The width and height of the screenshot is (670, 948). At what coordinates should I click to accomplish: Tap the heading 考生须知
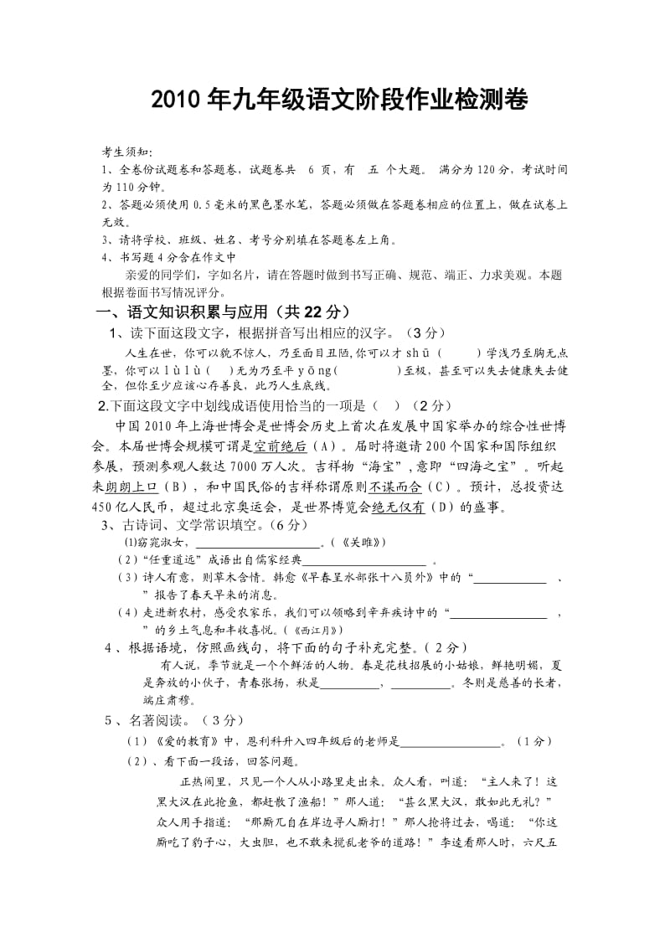click(x=126, y=152)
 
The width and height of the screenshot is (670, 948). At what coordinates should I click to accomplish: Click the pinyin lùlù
click(x=178, y=369)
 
